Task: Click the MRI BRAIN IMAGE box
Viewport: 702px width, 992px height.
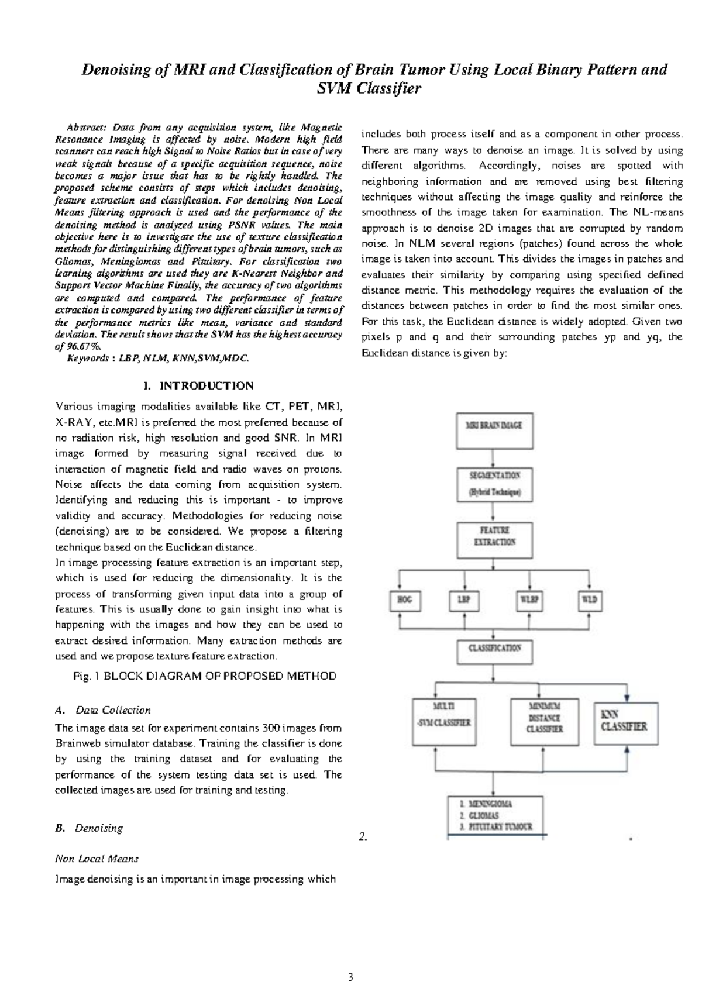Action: pyautogui.click(x=493, y=426)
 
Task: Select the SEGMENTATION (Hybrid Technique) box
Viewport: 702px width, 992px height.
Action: pyautogui.click(x=493, y=484)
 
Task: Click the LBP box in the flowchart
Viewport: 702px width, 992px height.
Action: pyautogui.click(x=464, y=600)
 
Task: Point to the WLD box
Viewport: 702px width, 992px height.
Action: pyautogui.click(x=589, y=600)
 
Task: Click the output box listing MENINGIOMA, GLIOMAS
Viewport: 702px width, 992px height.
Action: pyautogui.click(x=495, y=815)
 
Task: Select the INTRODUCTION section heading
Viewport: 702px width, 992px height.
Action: pyautogui.click(x=198, y=386)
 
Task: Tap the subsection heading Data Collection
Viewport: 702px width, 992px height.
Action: pyautogui.click(x=113, y=710)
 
